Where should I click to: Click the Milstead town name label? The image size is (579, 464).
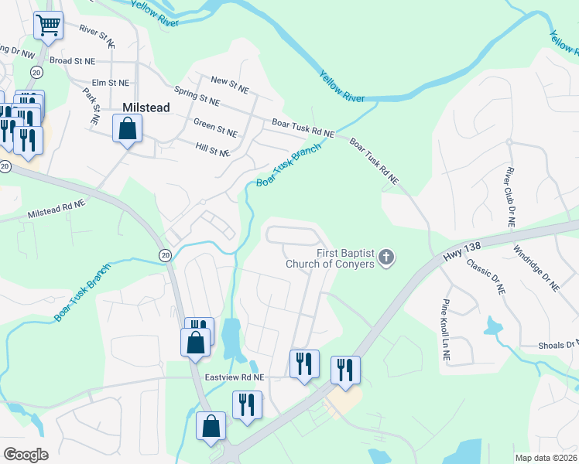(146, 108)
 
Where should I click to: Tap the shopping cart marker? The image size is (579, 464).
(48, 26)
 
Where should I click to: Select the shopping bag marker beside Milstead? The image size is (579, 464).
(128, 128)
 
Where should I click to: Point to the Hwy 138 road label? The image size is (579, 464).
(463, 250)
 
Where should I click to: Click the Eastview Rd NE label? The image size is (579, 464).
(235, 377)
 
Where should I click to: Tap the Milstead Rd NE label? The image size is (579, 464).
(56, 209)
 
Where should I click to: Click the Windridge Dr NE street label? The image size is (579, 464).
(536, 268)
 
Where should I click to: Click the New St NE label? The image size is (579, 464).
(230, 84)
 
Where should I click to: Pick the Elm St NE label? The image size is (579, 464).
(111, 82)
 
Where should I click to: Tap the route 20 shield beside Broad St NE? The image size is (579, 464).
(36, 71)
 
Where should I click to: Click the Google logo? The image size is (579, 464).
(26, 455)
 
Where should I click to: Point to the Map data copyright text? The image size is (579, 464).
(546, 457)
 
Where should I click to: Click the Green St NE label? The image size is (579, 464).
(215, 128)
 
